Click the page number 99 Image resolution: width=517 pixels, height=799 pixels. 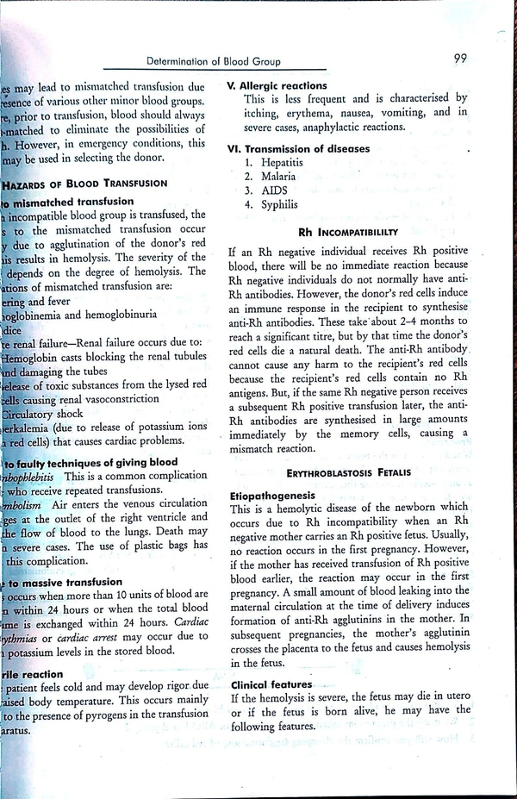[x=460, y=59]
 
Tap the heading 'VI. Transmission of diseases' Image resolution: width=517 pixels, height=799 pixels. [x=298, y=148]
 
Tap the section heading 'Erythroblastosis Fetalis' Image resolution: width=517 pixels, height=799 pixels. [x=349, y=472]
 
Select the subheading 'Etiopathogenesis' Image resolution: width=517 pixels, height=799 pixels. [x=275, y=496]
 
